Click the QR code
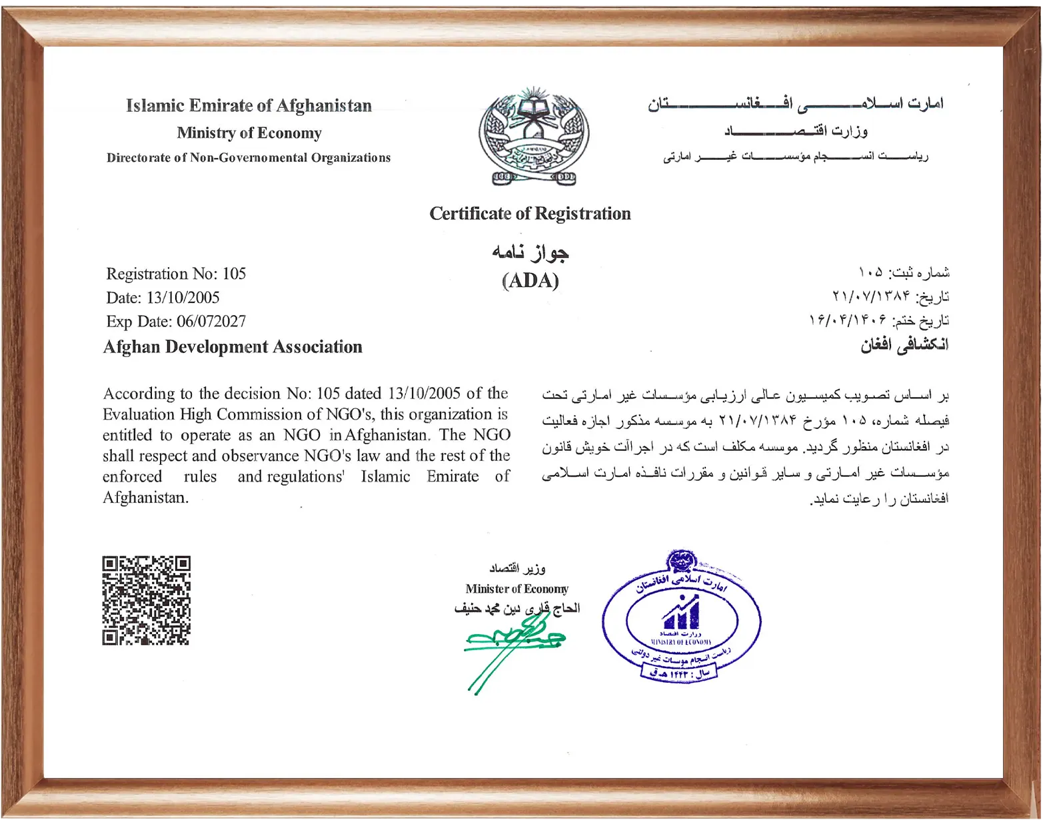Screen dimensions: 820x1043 pyautogui.click(x=146, y=600)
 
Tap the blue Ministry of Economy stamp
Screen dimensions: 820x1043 pyautogui.click(x=681, y=617)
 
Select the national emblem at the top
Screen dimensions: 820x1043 pyautogui.click(x=533, y=137)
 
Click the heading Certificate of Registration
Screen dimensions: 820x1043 pyautogui.click(x=530, y=214)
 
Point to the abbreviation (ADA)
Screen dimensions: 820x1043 pyautogui.click(x=530, y=280)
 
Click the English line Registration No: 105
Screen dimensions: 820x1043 pyautogui.click(x=176, y=274)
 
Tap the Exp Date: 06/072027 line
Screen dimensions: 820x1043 pyautogui.click(x=176, y=322)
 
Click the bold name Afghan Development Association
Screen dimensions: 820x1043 pyautogui.click(x=233, y=347)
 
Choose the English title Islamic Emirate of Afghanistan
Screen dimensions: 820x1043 pyautogui.click(x=249, y=106)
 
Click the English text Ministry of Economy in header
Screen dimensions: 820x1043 pyautogui.click(x=249, y=133)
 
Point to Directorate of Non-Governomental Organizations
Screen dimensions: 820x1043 pyautogui.click(x=249, y=158)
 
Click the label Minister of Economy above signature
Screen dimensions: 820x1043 pyautogui.click(x=517, y=589)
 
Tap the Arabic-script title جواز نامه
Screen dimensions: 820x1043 pyautogui.click(x=530, y=252)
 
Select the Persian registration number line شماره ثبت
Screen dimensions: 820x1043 pyautogui.click(x=904, y=272)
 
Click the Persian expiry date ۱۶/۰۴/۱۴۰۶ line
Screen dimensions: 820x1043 pyautogui.click(x=879, y=320)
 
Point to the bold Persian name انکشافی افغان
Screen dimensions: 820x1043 pyautogui.click(x=904, y=345)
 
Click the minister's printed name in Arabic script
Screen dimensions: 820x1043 pyautogui.click(x=517, y=608)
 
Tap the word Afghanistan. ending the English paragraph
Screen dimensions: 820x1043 pyautogui.click(x=146, y=498)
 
